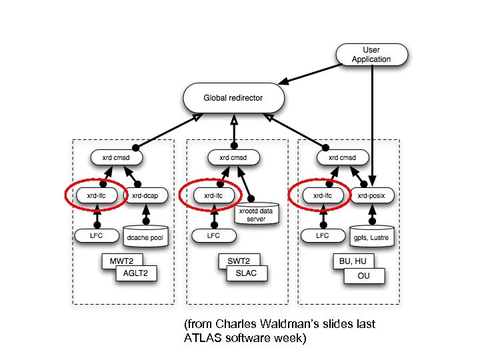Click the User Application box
click(x=371, y=54)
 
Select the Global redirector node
click(x=233, y=98)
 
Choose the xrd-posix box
click(x=372, y=195)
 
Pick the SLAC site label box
click(x=248, y=273)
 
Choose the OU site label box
click(x=363, y=275)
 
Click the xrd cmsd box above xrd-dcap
click(x=117, y=158)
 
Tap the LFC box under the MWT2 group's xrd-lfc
click(x=97, y=235)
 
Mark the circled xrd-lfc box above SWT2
click(x=209, y=195)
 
